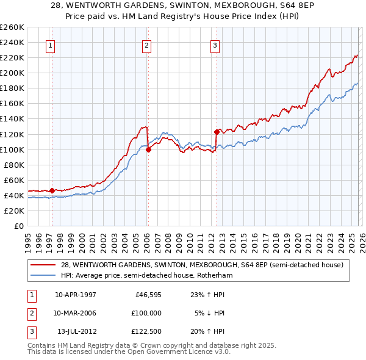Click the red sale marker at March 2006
click(148, 149)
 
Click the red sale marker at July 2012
click(217, 132)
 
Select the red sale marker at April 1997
click(52, 190)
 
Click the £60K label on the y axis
click(14, 180)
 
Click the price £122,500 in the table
click(146, 331)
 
